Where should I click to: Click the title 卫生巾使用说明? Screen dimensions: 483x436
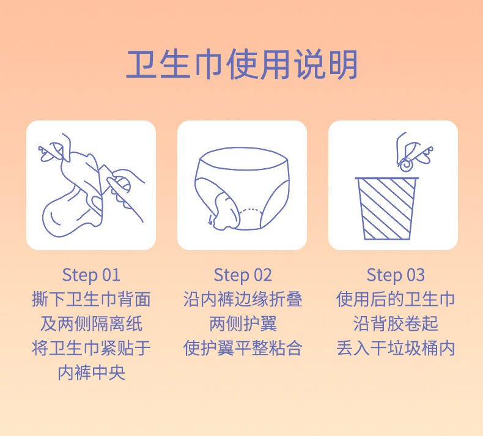tap(242, 64)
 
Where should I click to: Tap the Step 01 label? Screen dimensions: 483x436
tap(91, 275)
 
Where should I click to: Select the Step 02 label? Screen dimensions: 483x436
tap(243, 275)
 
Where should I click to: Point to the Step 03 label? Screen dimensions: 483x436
tap(396, 275)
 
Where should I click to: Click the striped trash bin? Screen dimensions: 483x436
tap(387, 209)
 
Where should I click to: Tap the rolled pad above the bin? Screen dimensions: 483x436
tap(407, 164)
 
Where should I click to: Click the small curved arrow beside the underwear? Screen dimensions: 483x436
tap(210, 220)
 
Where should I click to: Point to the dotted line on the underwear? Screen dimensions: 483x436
tap(251, 210)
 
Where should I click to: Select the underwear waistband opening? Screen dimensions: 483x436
tap(243, 159)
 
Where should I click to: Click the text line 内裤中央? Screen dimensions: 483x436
tap(91, 373)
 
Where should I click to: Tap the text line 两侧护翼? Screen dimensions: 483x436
tap(243, 324)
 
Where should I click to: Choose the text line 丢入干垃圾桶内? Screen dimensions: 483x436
tap(396, 348)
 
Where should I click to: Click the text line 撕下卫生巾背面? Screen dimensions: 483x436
tap(91, 299)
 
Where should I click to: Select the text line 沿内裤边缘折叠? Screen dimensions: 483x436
tap(243, 299)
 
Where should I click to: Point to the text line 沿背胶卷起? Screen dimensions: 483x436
tap(396, 324)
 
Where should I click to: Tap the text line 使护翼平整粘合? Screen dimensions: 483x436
tap(243, 348)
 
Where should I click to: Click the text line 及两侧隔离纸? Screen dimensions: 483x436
tap(91, 324)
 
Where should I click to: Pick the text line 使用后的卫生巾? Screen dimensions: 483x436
tap(396, 299)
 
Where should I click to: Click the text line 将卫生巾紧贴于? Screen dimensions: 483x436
tap(91, 348)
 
